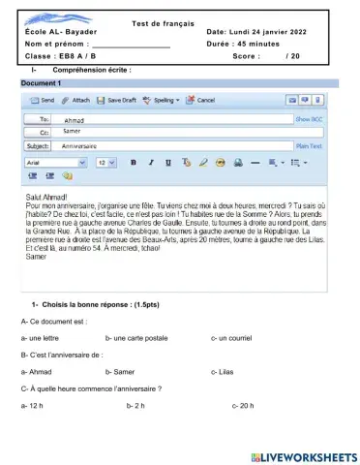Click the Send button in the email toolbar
point(41,100)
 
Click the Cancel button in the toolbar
point(200,100)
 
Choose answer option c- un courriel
point(231,337)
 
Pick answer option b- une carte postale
point(135,337)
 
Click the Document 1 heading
point(41,83)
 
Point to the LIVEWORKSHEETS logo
point(303,456)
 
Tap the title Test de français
point(163,22)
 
